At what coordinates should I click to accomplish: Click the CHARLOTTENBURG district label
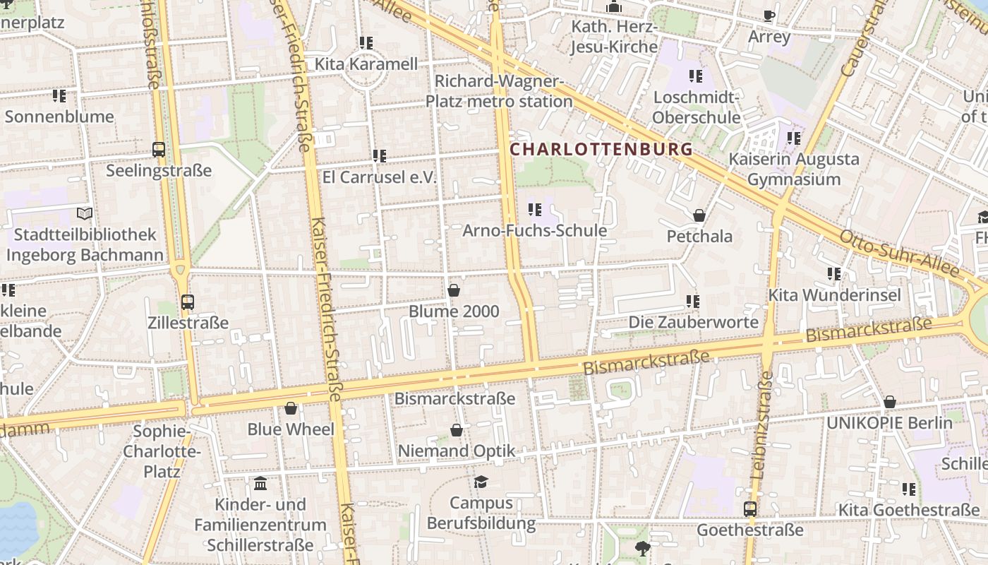(x=601, y=150)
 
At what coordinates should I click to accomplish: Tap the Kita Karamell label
(x=366, y=64)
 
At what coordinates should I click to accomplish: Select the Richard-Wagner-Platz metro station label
(x=499, y=92)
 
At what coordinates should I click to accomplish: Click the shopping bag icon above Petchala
(x=699, y=215)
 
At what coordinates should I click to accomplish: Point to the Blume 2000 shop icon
(x=454, y=290)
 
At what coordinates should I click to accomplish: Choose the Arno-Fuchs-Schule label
(x=534, y=231)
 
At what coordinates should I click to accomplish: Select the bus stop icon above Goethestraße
(x=750, y=509)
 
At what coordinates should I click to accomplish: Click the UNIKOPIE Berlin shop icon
(x=890, y=402)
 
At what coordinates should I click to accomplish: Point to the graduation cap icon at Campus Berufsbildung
(x=481, y=482)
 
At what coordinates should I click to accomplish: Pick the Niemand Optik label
(x=457, y=451)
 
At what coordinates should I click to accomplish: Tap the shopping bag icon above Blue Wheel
(x=291, y=408)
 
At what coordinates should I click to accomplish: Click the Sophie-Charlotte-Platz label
(x=162, y=451)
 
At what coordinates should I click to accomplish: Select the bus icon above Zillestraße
(x=188, y=302)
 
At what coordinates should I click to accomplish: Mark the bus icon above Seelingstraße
(x=159, y=150)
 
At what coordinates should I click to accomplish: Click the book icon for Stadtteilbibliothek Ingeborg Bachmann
(x=85, y=213)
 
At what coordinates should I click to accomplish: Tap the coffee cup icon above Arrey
(x=769, y=16)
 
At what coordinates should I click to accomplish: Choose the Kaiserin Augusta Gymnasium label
(x=794, y=169)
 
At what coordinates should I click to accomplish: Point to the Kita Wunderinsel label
(x=834, y=295)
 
